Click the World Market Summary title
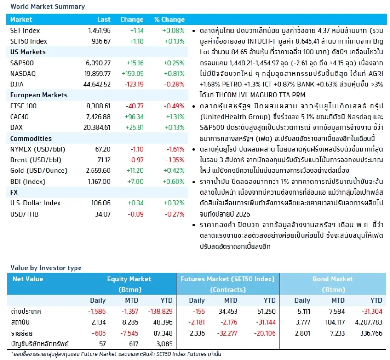pyautogui.click(x=47, y=7)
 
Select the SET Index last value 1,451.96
pyautogui.click(x=99, y=31)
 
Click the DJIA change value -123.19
pyautogui.click(x=134, y=84)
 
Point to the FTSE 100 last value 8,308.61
pyautogui.click(x=98, y=106)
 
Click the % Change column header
pyautogui.click(x=169, y=20)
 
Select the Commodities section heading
pyautogui.click(x=31, y=139)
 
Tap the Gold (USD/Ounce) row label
pyautogui.click(x=39, y=171)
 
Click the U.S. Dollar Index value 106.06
pyautogui.click(x=101, y=203)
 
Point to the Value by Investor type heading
pyautogui.click(x=46, y=268)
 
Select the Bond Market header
pyautogui.click(x=332, y=279)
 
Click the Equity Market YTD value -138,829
pyautogui.click(x=160, y=312)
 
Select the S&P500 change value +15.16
pyautogui.click(x=135, y=63)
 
